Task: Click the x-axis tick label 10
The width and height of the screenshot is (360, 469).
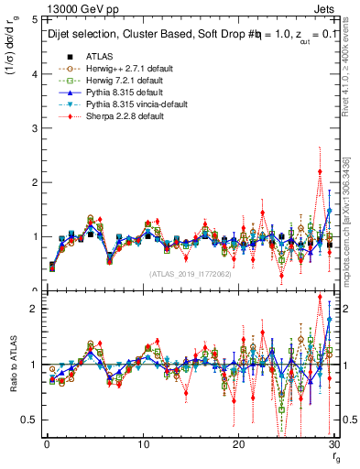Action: coord(143,445)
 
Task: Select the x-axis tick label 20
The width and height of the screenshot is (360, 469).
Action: coord(238,445)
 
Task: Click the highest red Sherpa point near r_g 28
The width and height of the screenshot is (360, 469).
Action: coord(320,171)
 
